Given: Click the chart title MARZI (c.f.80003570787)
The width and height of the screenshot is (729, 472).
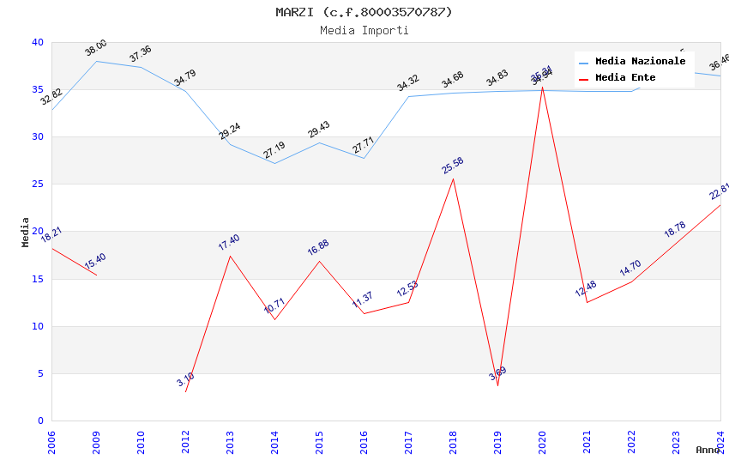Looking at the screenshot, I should [x=364, y=12].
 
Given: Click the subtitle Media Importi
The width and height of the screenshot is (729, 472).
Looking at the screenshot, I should [x=364, y=30].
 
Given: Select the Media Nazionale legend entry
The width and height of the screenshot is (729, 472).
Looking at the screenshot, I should [x=640, y=62].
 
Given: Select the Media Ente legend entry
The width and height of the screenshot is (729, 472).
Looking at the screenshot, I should [x=625, y=78].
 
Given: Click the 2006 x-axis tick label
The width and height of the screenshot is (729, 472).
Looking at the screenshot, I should [x=51, y=440].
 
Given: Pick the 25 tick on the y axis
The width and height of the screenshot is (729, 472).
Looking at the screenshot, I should [x=38, y=185].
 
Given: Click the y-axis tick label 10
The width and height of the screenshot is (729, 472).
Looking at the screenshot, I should [x=38, y=326].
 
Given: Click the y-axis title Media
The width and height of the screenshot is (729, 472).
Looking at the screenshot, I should [x=26, y=232].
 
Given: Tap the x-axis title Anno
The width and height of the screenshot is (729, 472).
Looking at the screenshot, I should [x=708, y=450].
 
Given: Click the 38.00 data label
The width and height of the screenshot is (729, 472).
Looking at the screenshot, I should [x=96, y=48].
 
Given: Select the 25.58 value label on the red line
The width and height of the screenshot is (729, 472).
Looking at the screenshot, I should [x=453, y=165].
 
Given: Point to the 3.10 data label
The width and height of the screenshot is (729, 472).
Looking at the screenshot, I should [x=186, y=379].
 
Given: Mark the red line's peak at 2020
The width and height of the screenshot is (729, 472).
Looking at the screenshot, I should [x=542, y=87].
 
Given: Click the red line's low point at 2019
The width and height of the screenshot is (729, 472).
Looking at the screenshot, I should [x=497, y=385].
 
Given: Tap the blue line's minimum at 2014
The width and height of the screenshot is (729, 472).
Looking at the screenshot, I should [x=274, y=163].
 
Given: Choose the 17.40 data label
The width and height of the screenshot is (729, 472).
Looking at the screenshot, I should [x=229, y=242].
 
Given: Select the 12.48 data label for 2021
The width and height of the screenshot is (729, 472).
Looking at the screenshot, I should [x=586, y=289].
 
